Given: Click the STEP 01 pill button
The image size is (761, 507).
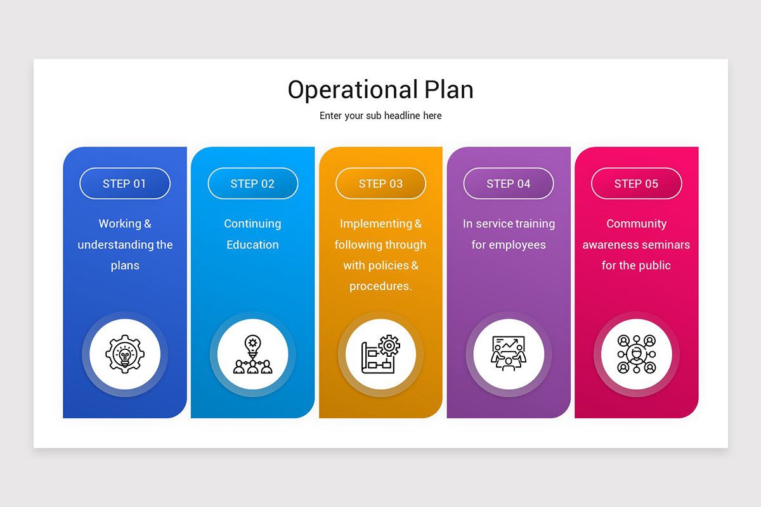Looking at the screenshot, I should tap(124, 184).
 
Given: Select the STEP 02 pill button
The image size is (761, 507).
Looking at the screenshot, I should tap(252, 184).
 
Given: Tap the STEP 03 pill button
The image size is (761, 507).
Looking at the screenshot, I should tap(380, 184).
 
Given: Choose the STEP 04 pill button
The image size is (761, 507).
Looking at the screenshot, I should tap(508, 184).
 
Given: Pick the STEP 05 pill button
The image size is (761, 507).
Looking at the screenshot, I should tap(636, 184).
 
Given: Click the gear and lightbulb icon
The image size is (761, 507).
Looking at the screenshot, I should tap(125, 354).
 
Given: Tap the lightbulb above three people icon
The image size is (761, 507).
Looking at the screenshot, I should tap(252, 354).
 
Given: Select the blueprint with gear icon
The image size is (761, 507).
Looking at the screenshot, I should tap(380, 354).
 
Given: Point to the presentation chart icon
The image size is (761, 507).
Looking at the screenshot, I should tap(508, 354).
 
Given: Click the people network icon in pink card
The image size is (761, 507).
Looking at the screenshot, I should tap(636, 354).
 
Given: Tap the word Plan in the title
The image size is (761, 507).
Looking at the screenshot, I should tap(450, 90).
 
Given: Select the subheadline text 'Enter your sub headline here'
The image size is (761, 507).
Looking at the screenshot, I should tap(380, 116).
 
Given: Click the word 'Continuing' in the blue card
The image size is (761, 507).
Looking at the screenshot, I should tap(252, 224).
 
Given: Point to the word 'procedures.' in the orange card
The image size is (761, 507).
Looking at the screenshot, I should tap(380, 286).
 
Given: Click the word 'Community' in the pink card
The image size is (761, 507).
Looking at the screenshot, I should tap(636, 224).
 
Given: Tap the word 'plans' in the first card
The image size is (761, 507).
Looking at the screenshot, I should tap(125, 266).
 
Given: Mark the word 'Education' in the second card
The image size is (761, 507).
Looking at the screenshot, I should tap(252, 245).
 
